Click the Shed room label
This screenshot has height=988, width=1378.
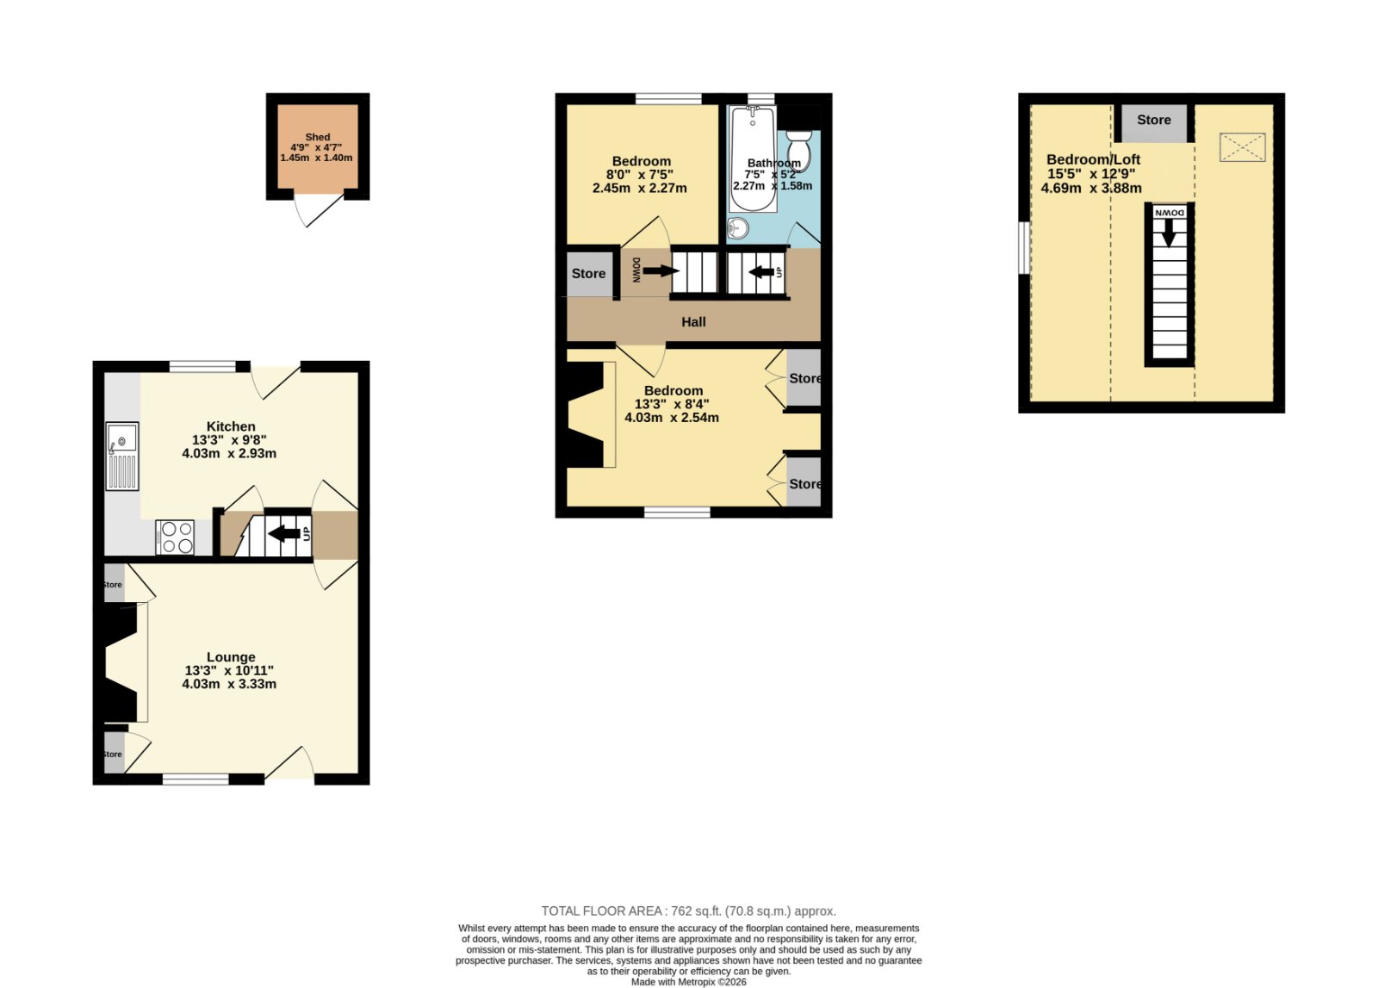click(x=318, y=137)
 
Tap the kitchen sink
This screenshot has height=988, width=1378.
click(x=121, y=456)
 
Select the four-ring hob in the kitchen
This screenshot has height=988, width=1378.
click(x=175, y=537)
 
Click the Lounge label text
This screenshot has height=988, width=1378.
click(x=231, y=657)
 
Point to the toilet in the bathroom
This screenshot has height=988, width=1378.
click(x=798, y=150)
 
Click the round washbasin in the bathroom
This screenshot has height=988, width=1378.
click(x=737, y=228)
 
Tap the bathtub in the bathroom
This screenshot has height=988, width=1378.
click(x=753, y=158)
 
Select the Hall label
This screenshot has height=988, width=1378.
click(x=693, y=322)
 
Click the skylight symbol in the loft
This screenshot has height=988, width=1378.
click(x=1242, y=147)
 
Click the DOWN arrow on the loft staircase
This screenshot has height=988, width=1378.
click(x=1168, y=233)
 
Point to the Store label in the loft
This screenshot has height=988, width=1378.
click(x=1153, y=120)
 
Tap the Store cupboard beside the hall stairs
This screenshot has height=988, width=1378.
click(x=589, y=275)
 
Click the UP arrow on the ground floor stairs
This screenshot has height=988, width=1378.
click(x=284, y=533)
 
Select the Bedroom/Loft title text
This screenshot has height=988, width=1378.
click(x=1093, y=159)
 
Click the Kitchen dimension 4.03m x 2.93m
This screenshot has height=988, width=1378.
click(x=229, y=453)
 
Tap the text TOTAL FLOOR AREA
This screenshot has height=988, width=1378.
click(x=601, y=911)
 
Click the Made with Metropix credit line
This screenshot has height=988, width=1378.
click(x=688, y=982)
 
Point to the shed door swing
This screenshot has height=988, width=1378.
click(x=318, y=211)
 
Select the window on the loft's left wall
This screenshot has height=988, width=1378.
click(x=1024, y=248)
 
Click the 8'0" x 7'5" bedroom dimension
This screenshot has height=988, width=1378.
click(x=640, y=175)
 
